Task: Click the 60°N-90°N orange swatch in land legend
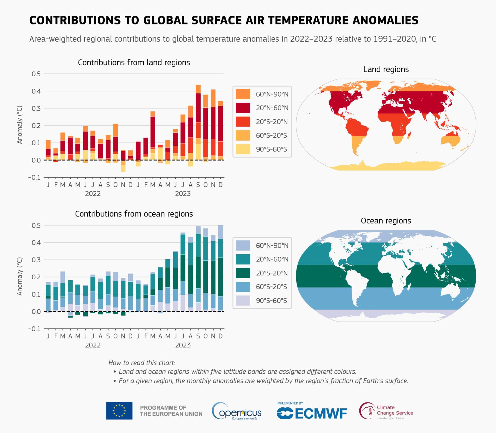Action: click(x=243, y=94)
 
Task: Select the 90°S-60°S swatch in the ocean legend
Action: click(x=243, y=301)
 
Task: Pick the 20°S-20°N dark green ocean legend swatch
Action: click(x=243, y=273)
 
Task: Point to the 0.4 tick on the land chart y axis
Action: click(x=36, y=91)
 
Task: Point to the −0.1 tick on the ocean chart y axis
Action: click(x=34, y=329)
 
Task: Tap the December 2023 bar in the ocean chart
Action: click(x=220, y=268)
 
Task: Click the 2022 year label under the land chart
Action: click(x=93, y=194)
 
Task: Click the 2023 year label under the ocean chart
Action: click(x=183, y=345)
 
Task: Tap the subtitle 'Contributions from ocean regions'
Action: click(x=134, y=214)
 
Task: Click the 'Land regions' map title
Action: click(x=386, y=69)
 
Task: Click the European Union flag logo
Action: click(x=119, y=411)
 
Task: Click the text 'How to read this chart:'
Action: click(x=142, y=363)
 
